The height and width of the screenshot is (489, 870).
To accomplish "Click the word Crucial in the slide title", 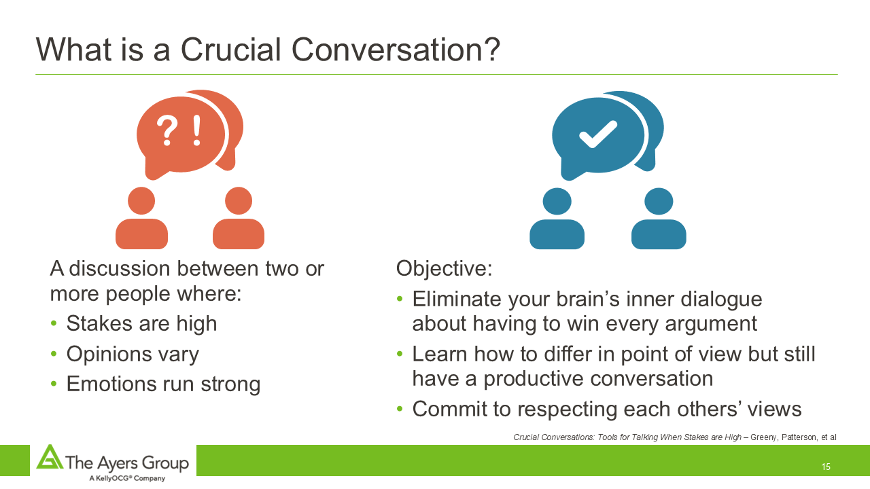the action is click(230, 50).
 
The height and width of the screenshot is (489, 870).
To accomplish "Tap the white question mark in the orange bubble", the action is click(167, 132).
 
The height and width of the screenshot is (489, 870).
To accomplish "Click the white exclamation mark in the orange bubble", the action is click(197, 130).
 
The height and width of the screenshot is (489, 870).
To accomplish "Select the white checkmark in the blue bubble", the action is click(597, 134).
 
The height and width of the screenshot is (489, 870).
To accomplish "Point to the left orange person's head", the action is click(141, 200).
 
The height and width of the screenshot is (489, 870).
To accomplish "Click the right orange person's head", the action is click(239, 200).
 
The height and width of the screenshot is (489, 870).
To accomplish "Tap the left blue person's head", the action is click(557, 202).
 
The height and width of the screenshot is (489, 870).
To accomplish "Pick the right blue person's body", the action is click(659, 234).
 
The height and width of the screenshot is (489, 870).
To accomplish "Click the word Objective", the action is click(444, 268).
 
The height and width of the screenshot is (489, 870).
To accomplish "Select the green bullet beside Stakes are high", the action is click(54, 323).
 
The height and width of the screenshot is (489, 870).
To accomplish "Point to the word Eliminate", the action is click(457, 299).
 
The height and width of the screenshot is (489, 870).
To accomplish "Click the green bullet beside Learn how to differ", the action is click(400, 354).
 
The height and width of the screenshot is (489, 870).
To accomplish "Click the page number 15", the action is click(826, 467).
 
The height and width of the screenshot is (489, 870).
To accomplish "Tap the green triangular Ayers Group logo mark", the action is click(50, 457).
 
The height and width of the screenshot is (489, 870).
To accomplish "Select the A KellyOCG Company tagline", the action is click(127, 478).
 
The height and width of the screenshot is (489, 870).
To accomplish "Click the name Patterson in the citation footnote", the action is click(799, 437).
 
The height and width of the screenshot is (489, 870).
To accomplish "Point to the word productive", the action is click(534, 379).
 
